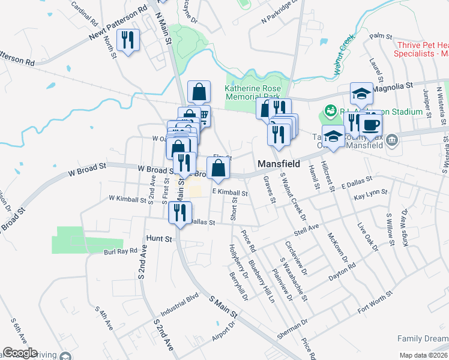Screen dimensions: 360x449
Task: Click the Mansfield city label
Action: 279,163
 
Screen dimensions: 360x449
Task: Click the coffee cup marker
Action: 370,125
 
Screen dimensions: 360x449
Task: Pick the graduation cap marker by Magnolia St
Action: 361,94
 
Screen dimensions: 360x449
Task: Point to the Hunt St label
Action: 159,239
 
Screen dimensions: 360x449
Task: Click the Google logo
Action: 20,353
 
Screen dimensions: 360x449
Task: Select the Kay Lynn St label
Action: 368,197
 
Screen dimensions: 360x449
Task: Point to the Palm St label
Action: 377,37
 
